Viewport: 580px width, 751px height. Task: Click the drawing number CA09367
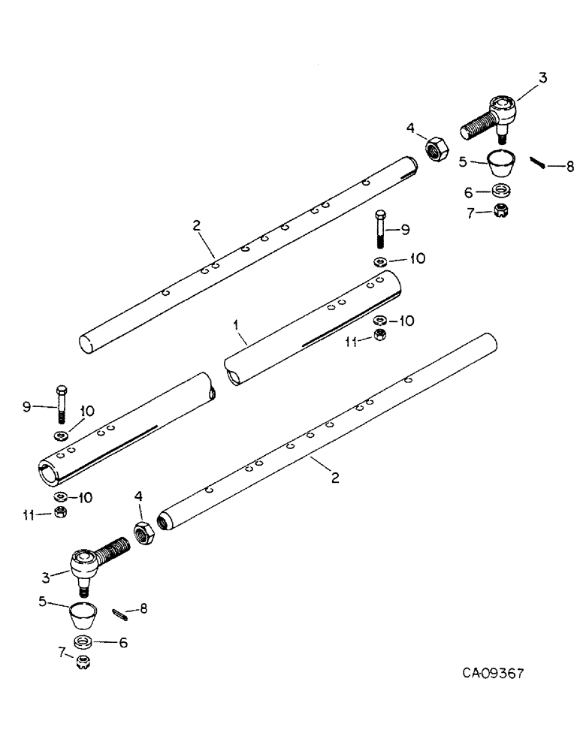[493, 673]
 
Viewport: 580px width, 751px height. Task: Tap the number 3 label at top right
[543, 77]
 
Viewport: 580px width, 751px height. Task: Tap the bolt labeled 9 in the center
[381, 231]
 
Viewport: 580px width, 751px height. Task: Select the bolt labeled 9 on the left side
[62, 404]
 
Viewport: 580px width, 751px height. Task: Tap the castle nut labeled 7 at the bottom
[83, 663]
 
